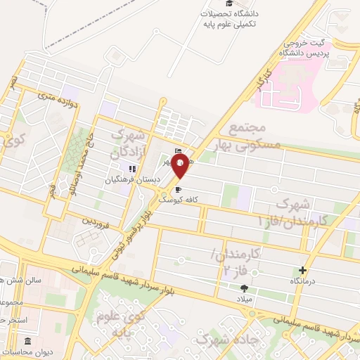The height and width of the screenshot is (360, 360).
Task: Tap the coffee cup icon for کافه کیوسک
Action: coord(178,189)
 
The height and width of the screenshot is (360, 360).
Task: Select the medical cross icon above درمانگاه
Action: coord(303,270)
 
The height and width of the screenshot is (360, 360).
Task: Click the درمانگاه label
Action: coord(302,281)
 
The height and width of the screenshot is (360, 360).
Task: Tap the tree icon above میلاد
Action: coord(244,288)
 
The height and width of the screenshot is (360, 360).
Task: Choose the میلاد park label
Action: coord(244,297)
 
